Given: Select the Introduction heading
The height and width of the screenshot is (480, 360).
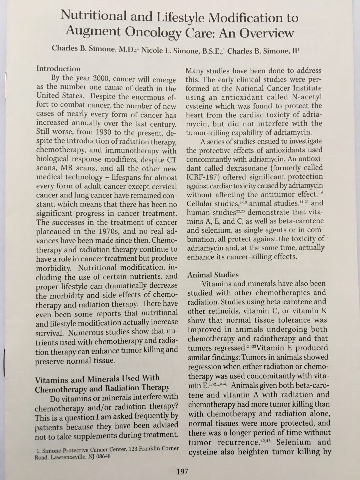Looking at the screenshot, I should pos(58,69).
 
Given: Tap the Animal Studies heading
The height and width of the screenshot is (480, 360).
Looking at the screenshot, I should pos(213,275).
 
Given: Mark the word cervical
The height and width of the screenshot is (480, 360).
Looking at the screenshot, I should pos(162,186).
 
